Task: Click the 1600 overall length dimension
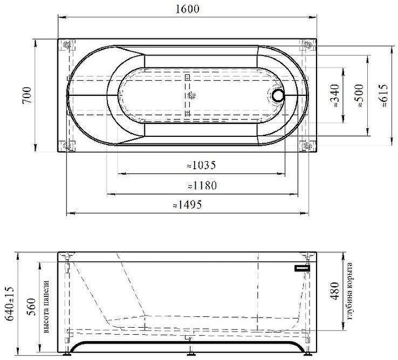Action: click(x=188, y=9)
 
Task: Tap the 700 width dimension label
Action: click(x=27, y=95)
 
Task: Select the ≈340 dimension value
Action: click(x=335, y=95)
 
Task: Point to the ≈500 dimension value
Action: click(x=359, y=96)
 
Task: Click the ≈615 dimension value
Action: click(x=383, y=95)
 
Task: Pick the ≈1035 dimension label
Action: click(x=201, y=165)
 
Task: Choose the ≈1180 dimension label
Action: click(x=202, y=185)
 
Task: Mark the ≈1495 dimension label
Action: click(x=187, y=204)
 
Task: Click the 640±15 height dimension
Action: click(x=10, y=303)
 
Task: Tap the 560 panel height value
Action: click(x=32, y=307)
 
